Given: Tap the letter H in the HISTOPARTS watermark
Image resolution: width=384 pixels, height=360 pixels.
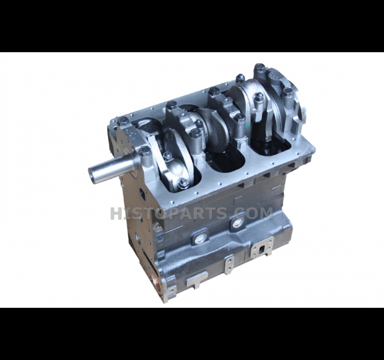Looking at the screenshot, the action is [116, 214].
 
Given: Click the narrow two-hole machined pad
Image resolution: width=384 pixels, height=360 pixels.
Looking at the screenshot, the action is [229, 264].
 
